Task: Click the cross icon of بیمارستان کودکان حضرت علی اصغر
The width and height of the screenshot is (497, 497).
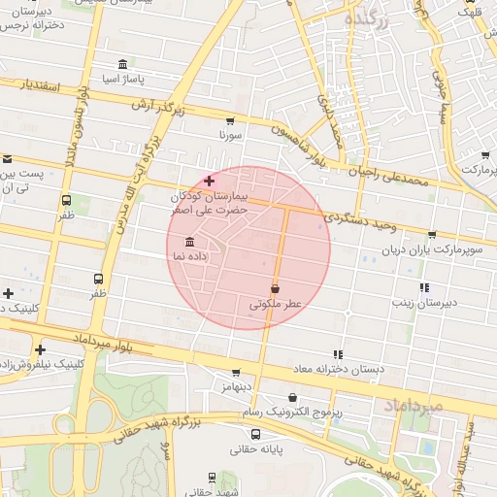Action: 209,181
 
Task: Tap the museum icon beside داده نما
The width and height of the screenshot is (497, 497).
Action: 187,241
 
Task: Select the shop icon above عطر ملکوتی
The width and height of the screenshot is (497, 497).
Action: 276,288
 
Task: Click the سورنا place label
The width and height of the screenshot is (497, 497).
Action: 229,135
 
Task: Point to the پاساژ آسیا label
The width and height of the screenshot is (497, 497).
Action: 123,78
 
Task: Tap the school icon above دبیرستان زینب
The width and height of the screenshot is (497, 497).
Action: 424,287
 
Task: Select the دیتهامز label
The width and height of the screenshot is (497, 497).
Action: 236,386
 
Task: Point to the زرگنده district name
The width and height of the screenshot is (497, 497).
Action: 366,19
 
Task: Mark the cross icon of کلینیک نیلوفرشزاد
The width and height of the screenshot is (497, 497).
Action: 40,349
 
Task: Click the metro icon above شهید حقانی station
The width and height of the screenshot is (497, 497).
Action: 212,477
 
